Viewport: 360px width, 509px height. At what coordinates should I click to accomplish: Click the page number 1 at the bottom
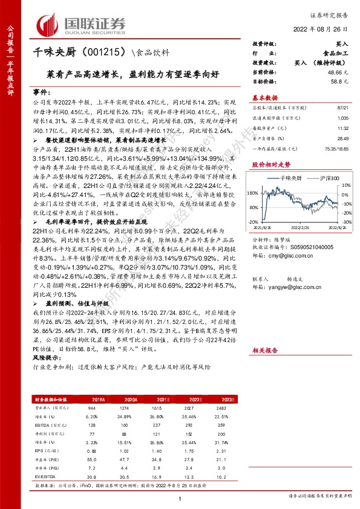pos(180,498)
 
